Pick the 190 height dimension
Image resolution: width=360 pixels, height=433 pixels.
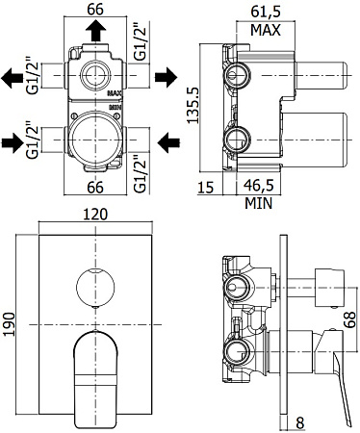click(11, 320)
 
